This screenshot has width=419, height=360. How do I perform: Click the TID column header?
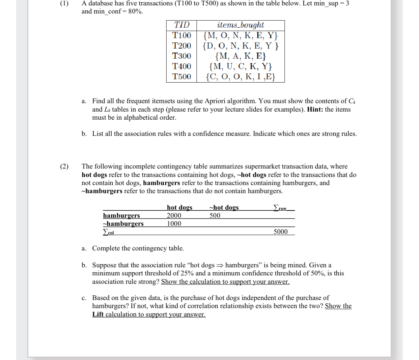(x=181, y=25)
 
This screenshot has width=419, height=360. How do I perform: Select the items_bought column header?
(x=241, y=25)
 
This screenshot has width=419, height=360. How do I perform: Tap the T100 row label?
(x=181, y=35)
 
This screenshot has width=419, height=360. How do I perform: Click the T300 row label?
(x=181, y=56)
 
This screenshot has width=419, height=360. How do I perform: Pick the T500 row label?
(x=181, y=77)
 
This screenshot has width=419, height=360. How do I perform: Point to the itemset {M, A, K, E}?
(x=241, y=56)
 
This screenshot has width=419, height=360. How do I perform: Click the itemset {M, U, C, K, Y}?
(x=241, y=66)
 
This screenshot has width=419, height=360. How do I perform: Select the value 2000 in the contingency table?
(x=174, y=215)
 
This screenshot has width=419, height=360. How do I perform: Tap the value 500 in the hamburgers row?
(x=215, y=215)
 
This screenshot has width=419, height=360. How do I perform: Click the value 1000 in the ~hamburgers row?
(x=174, y=223)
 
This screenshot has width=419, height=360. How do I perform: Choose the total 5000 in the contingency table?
(x=280, y=232)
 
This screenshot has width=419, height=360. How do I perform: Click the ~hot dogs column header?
(x=224, y=207)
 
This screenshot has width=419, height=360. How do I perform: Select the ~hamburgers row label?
(x=123, y=223)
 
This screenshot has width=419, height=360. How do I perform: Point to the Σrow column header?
(x=280, y=208)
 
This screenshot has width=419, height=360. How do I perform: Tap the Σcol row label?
(x=109, y=232)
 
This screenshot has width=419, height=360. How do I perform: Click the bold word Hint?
(x=315, y=110)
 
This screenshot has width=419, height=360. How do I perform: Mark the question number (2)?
(x=64, y=167)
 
